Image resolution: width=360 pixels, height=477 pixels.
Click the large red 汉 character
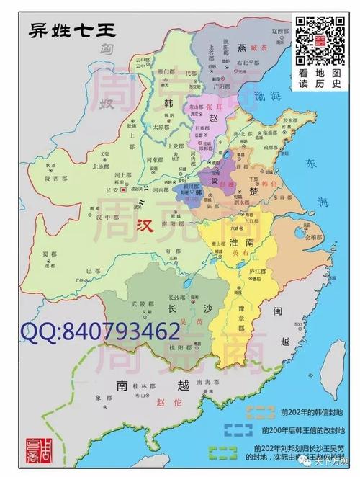click(x=146, y=223)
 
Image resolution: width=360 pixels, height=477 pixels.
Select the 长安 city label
click(x=111, y=190)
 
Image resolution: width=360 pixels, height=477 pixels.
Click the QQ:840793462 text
click(x=100, y=332)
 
